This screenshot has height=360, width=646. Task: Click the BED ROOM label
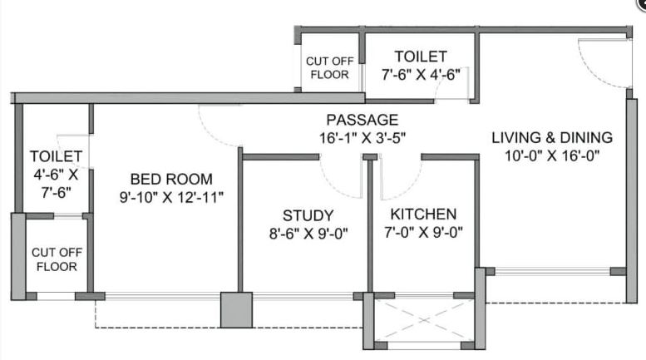coord(171,179)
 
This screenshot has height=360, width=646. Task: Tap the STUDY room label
coord(308,215)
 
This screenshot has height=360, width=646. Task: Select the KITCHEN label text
coord(423,215)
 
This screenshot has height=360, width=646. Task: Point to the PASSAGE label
coord(362,120)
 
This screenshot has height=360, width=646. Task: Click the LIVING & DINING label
coord(551,137)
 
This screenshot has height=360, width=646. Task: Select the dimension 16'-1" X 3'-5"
coord(362,137)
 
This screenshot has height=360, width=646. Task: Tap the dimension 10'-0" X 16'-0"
coord(551,155)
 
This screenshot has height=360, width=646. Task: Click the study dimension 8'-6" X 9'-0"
coord(308,233)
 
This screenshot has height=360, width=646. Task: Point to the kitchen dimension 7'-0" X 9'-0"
coord(423,233)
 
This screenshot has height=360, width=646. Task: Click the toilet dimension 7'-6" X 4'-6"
coord(421,75)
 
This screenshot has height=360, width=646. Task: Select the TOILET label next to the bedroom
coord(56,156)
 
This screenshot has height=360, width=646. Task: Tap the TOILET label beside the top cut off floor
coord(421,57)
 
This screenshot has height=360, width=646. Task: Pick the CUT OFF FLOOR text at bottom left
coord(55,259)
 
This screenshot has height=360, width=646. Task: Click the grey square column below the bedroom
coord(236,309)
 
